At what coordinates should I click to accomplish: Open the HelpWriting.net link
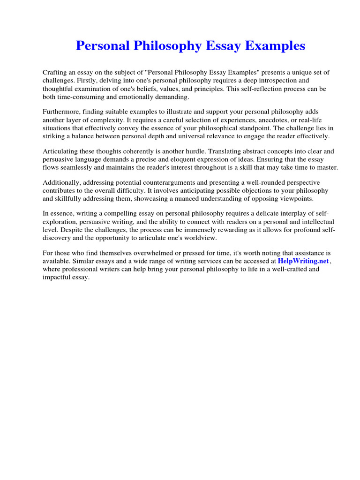click(304, 261)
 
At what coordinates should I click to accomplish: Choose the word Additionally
click(62, 183)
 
